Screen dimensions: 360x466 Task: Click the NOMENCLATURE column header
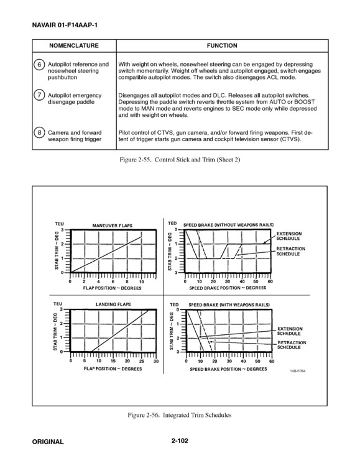coord(74,45)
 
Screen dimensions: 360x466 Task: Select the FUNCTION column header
coord(222,45)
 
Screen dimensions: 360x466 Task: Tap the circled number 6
coord(39,64)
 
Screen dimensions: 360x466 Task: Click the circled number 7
coord(39,95)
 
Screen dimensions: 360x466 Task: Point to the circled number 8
coord(39,132)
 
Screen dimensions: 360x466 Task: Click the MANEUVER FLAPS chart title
coord(112,226)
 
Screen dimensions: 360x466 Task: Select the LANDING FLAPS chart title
coord(113,304)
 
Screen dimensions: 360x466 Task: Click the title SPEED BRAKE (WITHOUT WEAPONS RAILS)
coord(228,225)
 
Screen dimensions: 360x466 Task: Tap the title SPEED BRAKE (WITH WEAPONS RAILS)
coord(229,305)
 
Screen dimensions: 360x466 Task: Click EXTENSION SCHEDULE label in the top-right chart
coord(289,236)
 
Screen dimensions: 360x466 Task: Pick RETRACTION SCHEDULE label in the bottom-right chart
coord(292,345)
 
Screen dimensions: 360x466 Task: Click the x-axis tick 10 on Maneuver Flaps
coord(141,281)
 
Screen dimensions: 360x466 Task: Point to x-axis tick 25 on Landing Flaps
coord(142,361)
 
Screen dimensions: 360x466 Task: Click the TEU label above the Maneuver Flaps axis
coord(59,224)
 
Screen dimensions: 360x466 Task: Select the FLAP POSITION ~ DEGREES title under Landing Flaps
coord(113,369)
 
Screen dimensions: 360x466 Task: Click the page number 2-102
coord(180,441)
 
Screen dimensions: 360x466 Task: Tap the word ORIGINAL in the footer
coord(48,442)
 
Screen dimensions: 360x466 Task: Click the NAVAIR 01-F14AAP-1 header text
coord(65,25)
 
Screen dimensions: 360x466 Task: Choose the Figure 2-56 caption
coord(180,415)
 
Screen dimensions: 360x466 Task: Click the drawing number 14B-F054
coord(298,371)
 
